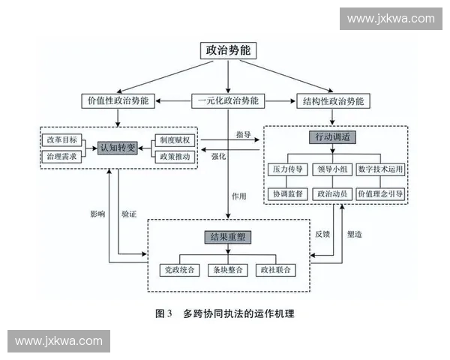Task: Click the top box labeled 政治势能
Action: click(x=227, y=51)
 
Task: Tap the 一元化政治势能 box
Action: click(x=228, y=100)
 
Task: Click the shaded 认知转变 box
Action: click(x=118, y=148)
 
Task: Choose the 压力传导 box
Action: click(x=285, y=170)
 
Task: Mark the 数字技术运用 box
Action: click(x=380, y=170)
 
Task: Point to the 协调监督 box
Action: click(x=285, y=193)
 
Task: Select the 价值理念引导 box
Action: click(x=380, y=193)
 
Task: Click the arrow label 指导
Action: click(x=243, y=134)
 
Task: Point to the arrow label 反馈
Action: click(x=322, y=235)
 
